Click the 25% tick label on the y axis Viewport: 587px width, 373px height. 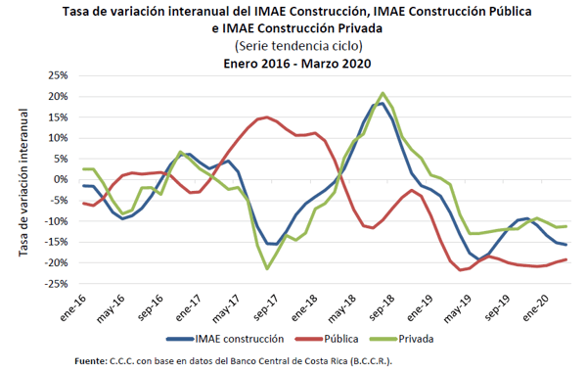point(58,75)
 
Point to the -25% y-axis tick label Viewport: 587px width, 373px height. point(56,284)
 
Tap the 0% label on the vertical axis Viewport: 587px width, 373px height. point(61,180)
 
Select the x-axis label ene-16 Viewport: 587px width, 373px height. point(73,307)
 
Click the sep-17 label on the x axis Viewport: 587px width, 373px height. point(266,307)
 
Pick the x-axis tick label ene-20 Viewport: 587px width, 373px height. point(535,307)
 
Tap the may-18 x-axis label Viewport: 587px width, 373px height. point(342,309)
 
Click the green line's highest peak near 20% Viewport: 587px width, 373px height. point(383,93)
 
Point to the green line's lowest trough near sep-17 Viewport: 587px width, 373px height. point(267,268)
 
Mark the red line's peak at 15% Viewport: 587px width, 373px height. point(266,117)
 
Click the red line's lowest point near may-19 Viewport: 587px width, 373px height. point(460,269)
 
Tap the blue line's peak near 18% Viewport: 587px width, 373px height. point(382,104)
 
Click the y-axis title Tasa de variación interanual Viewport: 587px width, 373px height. point(23,182)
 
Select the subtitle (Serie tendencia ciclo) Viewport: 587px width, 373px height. point(298,46)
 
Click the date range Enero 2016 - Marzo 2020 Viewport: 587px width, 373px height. point(296,64)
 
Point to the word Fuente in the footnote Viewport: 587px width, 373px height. point(91,361)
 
